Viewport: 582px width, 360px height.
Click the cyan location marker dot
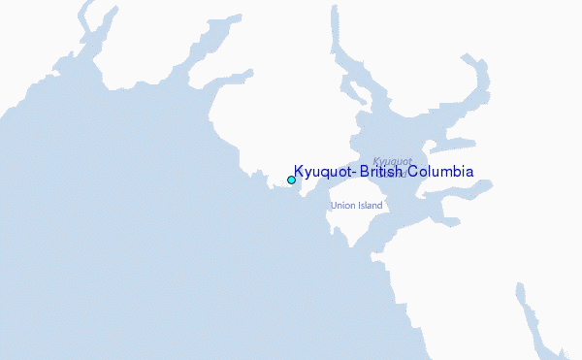coord(291,180)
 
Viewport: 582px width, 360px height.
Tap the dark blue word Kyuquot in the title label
coord(321,173)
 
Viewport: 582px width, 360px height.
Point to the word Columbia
coord(441,172)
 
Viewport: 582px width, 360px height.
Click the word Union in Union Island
coord(342,206)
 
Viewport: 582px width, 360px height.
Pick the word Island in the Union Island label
coord(371,206)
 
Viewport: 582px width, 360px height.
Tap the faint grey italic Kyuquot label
coord(393,161)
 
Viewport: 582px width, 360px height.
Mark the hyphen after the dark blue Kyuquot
coord(350,173)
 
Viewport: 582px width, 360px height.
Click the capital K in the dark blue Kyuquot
coord(299,172)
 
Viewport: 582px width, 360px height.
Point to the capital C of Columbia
coord(414,172)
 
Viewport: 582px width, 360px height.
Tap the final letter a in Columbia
coord(469,173)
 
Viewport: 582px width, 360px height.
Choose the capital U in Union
coord(334,206)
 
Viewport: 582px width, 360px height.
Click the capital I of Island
coord(358,206)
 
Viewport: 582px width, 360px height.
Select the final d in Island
coord(381,206)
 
